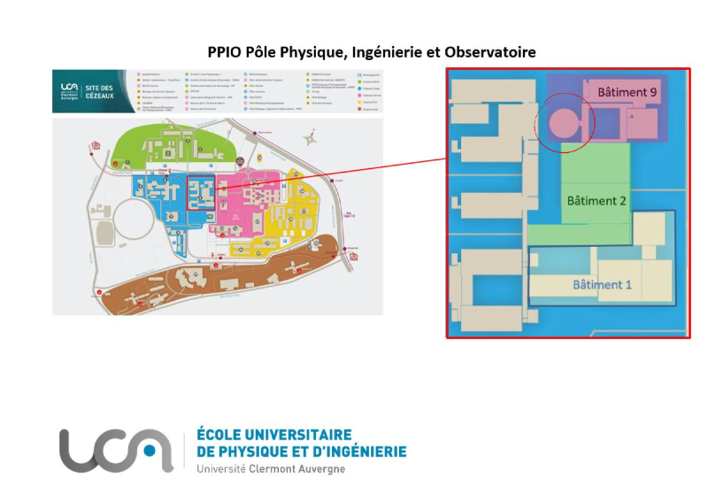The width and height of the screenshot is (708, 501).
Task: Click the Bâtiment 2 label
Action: (x=596, y=201)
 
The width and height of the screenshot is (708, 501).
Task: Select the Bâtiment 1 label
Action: (x=603, y=284)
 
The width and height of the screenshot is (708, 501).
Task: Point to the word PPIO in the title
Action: (x=226, y=52)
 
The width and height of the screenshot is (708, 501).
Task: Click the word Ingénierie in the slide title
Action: (x=386, y=52)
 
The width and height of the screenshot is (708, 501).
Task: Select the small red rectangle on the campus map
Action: (x=199, y=189)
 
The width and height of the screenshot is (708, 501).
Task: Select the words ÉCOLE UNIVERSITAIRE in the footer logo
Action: (x=273, y=435)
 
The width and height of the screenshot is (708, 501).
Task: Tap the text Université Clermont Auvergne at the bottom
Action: (x=271, y=468)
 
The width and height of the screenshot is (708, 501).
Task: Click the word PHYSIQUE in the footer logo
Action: (x=258, y=451)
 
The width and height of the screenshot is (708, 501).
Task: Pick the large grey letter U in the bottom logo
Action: (x=77, y=450)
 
